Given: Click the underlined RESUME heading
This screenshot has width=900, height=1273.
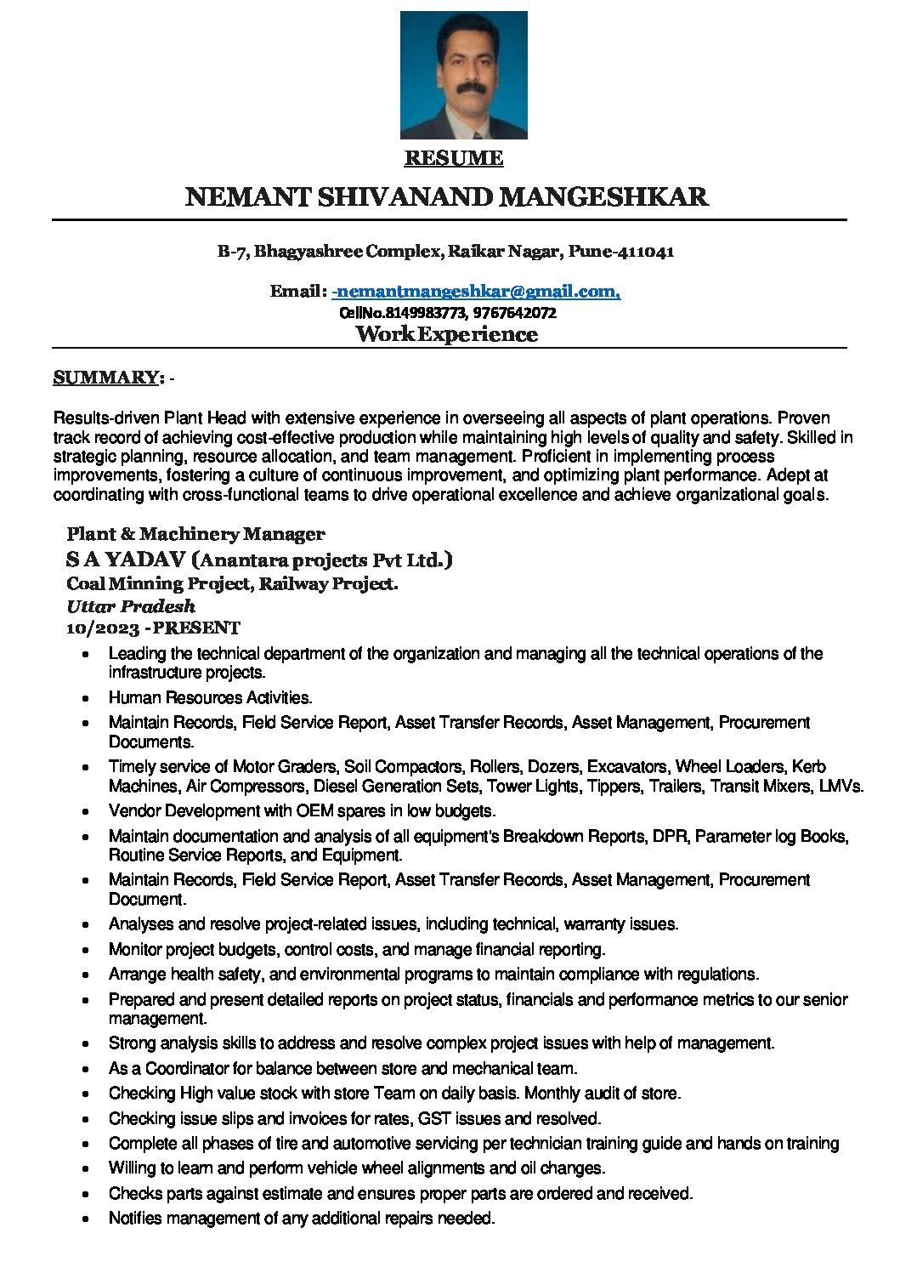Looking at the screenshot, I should tap(453, 158).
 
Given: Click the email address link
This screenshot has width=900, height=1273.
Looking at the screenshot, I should tap(476, 292).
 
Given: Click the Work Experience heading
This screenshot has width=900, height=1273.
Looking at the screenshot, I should tap(447, 334).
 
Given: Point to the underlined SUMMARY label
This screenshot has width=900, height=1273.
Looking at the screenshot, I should tap(108, 378).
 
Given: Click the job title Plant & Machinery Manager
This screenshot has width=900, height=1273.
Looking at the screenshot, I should tap(195, 534).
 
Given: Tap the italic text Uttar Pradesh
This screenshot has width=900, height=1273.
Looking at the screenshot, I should tap(131, 606).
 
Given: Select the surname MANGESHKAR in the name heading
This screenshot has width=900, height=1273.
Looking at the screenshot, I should tap(603, 197).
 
